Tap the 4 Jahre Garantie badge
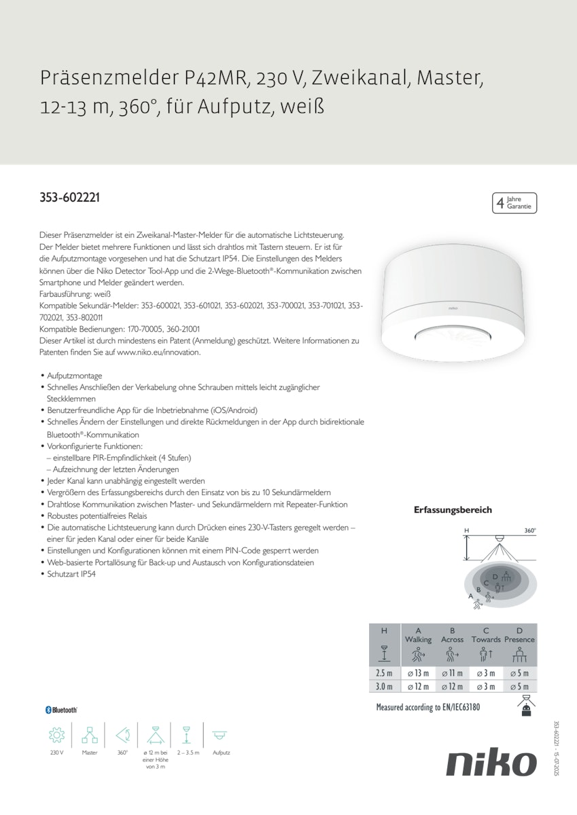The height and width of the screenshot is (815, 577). point(514,203)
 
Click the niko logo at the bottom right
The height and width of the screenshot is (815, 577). point(491,763)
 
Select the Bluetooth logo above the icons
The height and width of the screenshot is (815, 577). point(61,710)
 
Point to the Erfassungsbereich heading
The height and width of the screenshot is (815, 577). point(453,510)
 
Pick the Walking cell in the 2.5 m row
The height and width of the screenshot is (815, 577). point(418,673)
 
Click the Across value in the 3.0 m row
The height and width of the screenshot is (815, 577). point(452,687)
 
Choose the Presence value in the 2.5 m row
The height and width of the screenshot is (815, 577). point(520,673)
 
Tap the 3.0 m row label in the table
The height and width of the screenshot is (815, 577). point(385,687)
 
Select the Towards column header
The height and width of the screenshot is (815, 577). point(486,640)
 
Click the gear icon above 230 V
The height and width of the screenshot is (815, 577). point(56,735)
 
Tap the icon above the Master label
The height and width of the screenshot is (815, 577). point(90,735)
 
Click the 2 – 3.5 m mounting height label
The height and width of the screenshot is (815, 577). point(188,753)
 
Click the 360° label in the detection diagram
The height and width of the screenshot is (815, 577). point(530,530)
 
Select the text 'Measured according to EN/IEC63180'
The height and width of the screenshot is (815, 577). point(428,708)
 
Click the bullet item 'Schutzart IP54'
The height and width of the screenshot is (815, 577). point(71,574)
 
